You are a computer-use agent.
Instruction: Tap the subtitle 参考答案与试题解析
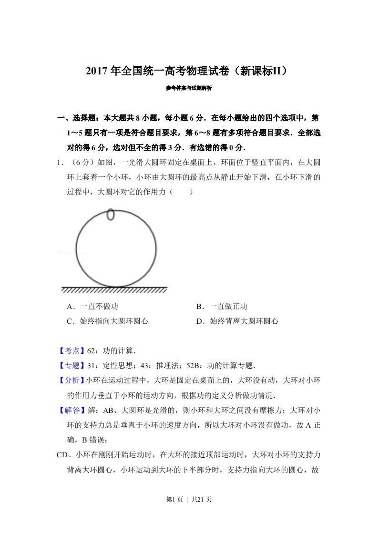point(189,88)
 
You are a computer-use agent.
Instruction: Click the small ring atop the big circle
point(111,215)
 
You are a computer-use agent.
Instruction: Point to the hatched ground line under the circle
point(114,290)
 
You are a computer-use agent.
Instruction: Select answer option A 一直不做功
point(92,307)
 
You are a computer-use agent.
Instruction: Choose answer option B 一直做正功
point(222,307)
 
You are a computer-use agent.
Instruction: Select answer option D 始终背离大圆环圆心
point(237,321)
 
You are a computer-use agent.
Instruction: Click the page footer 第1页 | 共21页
point(189,499)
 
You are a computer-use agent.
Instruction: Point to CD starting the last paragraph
point(63,455)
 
